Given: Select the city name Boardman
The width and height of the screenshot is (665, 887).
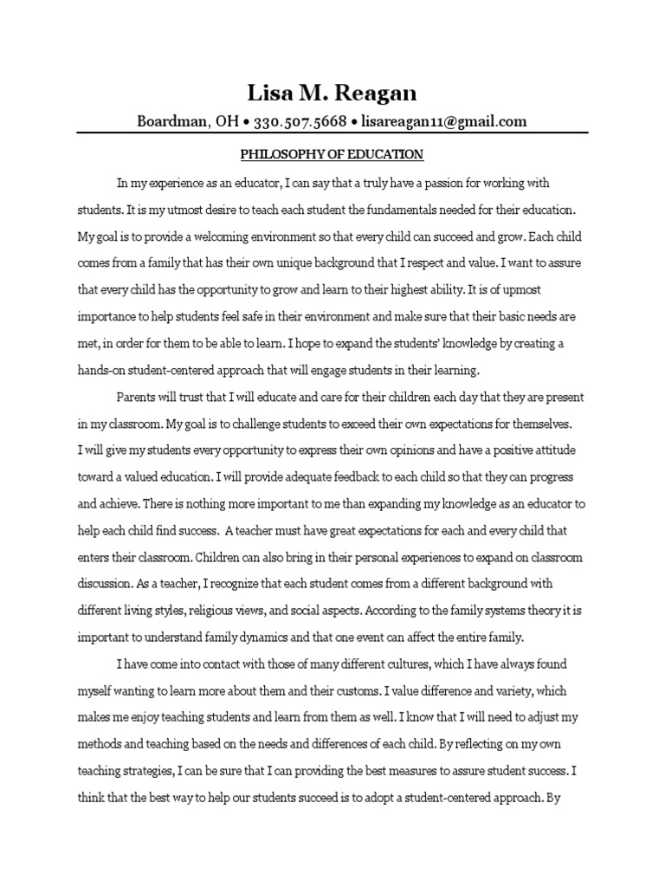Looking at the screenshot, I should point(169,121).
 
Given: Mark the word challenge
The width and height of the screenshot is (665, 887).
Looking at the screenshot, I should point(259,424).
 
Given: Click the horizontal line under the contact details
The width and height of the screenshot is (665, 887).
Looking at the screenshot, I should point(332,133).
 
